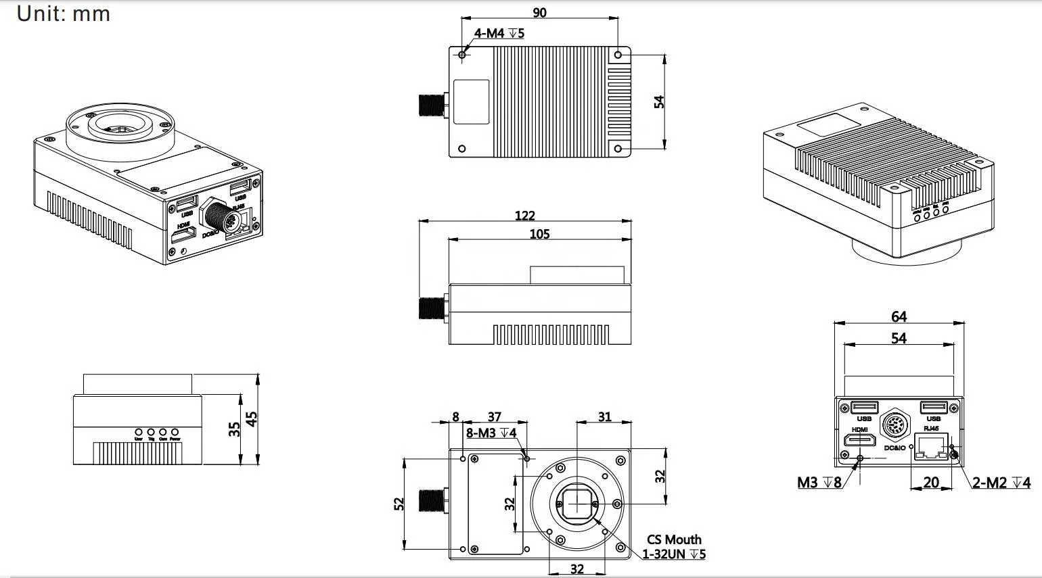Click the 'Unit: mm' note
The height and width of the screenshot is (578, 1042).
(x=63, y=14)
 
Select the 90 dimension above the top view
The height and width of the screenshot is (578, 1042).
(x=539, y=12)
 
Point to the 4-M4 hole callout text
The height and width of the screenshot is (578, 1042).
(x=499, y=33)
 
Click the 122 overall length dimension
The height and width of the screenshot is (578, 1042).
(x=524, y=216)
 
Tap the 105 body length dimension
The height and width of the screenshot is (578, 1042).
(x=539, y=234)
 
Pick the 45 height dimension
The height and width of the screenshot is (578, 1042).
(x=252, y=419)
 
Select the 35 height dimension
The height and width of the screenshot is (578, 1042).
(x=234, y=429)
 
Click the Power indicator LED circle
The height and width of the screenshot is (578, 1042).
(x=175, y=431)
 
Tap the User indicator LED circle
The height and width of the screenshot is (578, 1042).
(x=139, y=431)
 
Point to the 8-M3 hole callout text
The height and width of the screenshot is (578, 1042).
(x=491, y=433)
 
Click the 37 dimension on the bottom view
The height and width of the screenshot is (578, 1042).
(x=494, y=417)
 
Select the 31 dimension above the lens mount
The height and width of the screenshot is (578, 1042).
(x=604, y=417)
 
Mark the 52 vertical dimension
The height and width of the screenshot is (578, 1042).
(x=399, y=504)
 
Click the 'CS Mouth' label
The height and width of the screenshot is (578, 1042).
(x=674, y=539)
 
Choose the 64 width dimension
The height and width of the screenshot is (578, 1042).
(x=899, y=316)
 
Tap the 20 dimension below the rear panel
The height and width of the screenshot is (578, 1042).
(x=931, y=483)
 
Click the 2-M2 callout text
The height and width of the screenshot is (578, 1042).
(x=1001, y=483)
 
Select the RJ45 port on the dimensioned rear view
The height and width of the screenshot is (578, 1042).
(x=932, y=447)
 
